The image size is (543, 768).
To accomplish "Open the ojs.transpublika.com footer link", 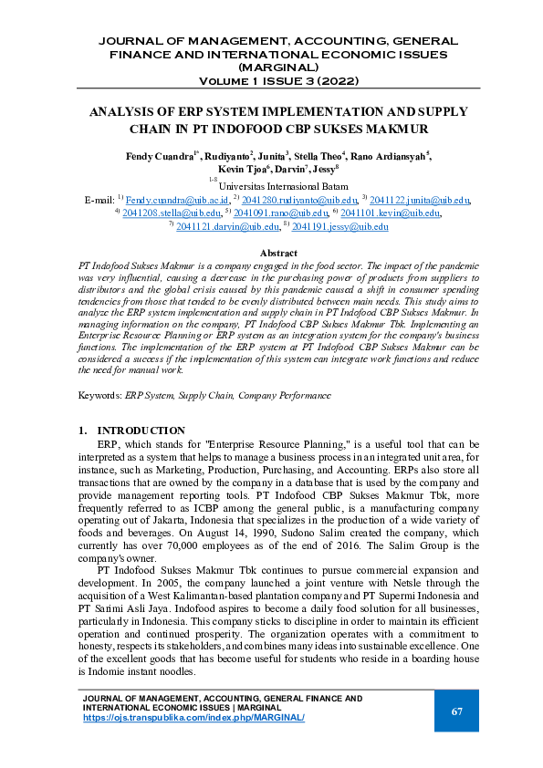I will [x=193, y=718].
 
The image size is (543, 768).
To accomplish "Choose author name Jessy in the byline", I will [x=319, y=169].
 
